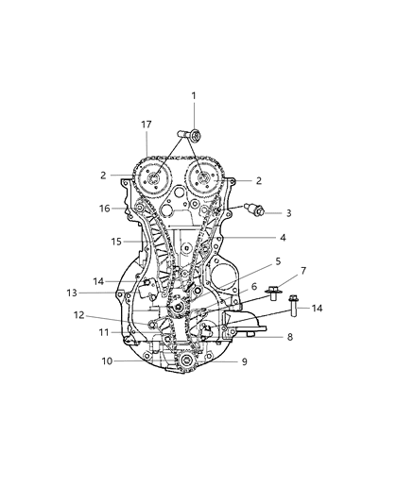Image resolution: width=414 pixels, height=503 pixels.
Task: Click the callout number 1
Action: click(x=194, y=95)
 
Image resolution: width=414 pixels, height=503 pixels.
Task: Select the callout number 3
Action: click(x=288, y=213)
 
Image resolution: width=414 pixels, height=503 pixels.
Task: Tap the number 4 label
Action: click(x=283, y=238)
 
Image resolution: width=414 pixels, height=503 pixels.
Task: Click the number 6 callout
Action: click(x=254, y=284)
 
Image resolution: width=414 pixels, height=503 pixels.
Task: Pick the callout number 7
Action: click(x=304, y=271)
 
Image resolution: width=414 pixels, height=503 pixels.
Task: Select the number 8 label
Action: click(x=290, y=336)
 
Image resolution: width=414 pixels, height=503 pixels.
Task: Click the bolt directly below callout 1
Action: click(x=188, y=138)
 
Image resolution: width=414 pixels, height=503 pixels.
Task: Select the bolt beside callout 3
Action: click(x=256, y=210)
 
